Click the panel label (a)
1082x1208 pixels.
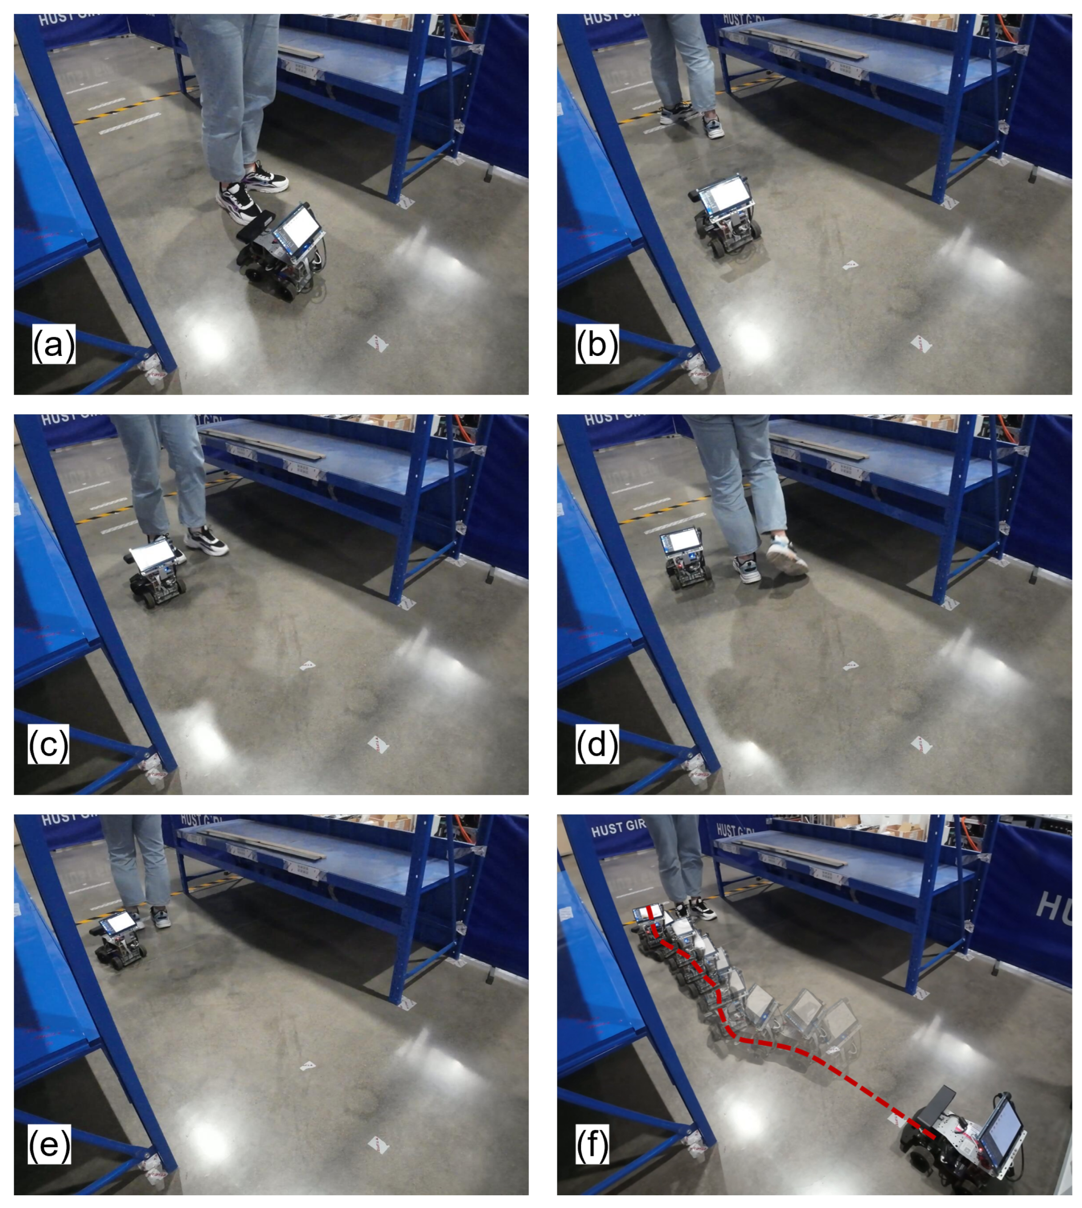[53, 345]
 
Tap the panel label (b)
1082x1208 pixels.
[597, 345]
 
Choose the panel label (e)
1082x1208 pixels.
[49, 1144]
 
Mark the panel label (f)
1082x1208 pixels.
[592, 1144]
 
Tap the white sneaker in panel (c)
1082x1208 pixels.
[206, 541]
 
